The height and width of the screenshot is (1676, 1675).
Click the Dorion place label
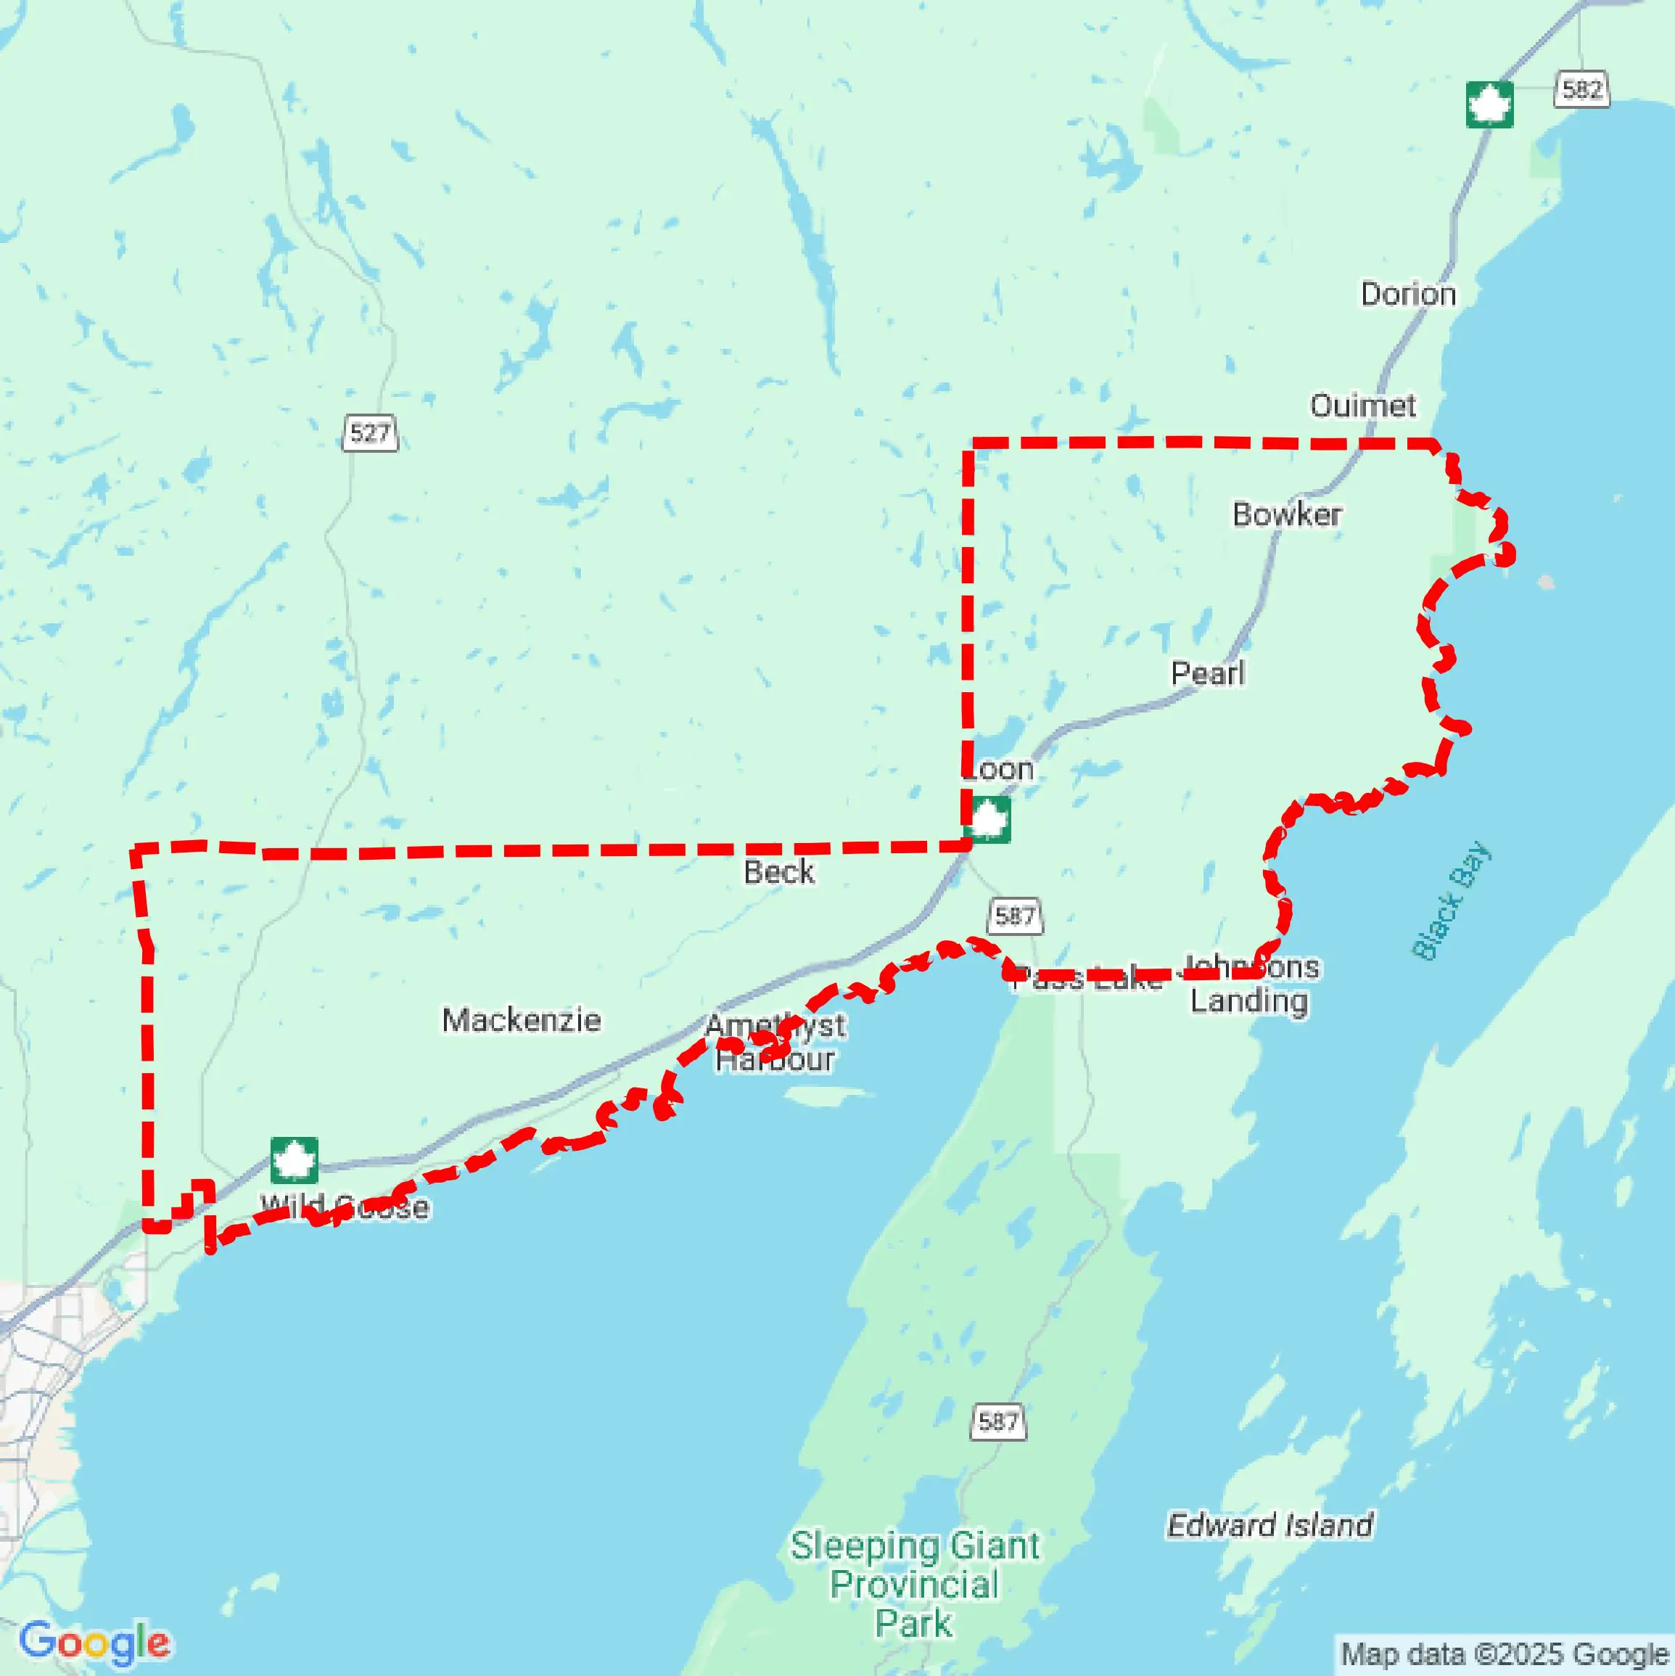(x=1407, y=294)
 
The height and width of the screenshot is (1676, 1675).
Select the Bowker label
(x=1286, y=514)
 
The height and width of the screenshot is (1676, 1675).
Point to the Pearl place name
(x=1207, y=673)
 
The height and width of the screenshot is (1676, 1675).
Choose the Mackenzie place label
(x=520, y=1020)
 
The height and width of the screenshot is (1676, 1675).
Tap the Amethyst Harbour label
(x=775, y=1043)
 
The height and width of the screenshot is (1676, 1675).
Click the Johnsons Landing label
(x=1250, y=985)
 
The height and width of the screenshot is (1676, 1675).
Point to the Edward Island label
(x=1269, y=1525)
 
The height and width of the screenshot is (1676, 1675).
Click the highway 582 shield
(x=1581, y=89)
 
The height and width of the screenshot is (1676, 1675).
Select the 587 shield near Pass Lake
(x=1014, y=916)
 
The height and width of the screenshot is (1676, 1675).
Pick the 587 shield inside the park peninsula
(x=997, y=1421)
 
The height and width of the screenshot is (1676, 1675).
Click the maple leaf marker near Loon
(x=988, y=819)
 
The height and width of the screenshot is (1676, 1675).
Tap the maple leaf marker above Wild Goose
(x=294, y=1161)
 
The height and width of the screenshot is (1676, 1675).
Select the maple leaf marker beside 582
(x=1489, y=105)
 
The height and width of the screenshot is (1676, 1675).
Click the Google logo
(x=94, y=1642)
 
